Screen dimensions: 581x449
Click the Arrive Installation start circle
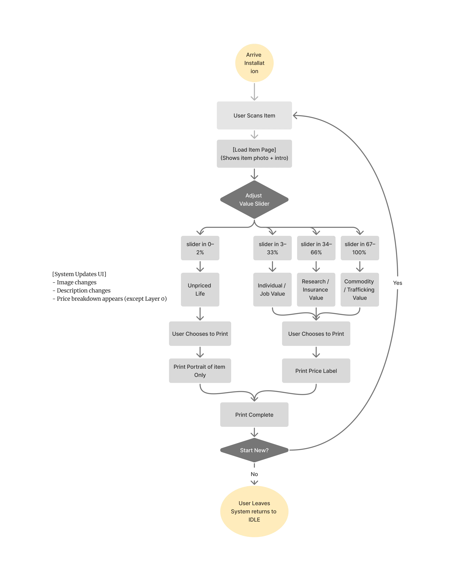point(254,63)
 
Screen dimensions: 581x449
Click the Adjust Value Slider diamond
point(254,199)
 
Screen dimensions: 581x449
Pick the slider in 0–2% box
point(200,248)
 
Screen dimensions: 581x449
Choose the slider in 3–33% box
point(272,248)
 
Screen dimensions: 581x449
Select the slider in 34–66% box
point(316,248)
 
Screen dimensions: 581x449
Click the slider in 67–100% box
point(360,248)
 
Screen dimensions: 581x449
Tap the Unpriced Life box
point(200,289)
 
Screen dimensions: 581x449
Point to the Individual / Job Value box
point(272,289)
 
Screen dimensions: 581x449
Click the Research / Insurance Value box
point(316,289)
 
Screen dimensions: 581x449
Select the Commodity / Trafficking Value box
point(360,289)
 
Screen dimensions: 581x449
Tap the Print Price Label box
point(316,371)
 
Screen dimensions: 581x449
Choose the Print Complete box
point(254,415)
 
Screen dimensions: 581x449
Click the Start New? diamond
point(254,450)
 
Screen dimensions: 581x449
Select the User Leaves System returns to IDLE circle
point(254,511)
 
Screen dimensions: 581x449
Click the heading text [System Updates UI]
point(79,274)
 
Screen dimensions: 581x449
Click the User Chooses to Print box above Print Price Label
point(316,334)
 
